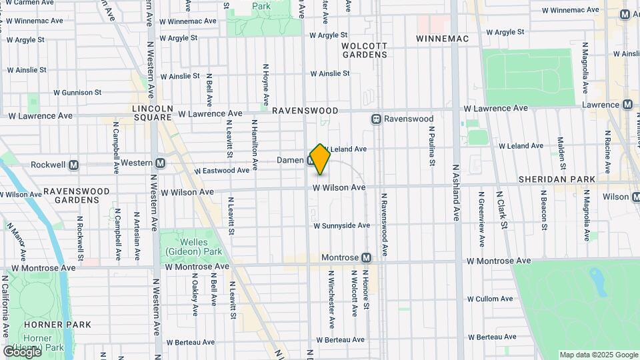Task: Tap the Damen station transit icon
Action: pyautogui.click(x=311, y=161)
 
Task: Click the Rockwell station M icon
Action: pyautogui.click(x=74, y=165)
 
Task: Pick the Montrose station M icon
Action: pyautogui.click(x=366, y=257)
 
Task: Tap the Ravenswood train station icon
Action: pyautogui.click(x=377, y=119)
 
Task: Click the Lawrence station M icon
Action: pyautogui.click(x=627, y=105)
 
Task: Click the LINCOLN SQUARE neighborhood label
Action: pyautogui.click(x=153, y=113)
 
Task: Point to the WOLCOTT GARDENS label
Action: pyautogui.click(x=364, y=51)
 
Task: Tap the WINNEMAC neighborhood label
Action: pyautogui.click(x=442, y=39)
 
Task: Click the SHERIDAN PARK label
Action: pyautogui.click(x=556, y=180)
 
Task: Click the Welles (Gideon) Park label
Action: pyautogui.click(x=191, y=247)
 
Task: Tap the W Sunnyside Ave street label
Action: pyautogui.click(x=341, y=226)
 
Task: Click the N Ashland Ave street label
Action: pyautogui.click(x=457, y=193)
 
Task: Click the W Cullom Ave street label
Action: pyautogui.click(x=492, y=299)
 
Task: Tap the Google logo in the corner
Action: pyautogui.click(x=21, y=351)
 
